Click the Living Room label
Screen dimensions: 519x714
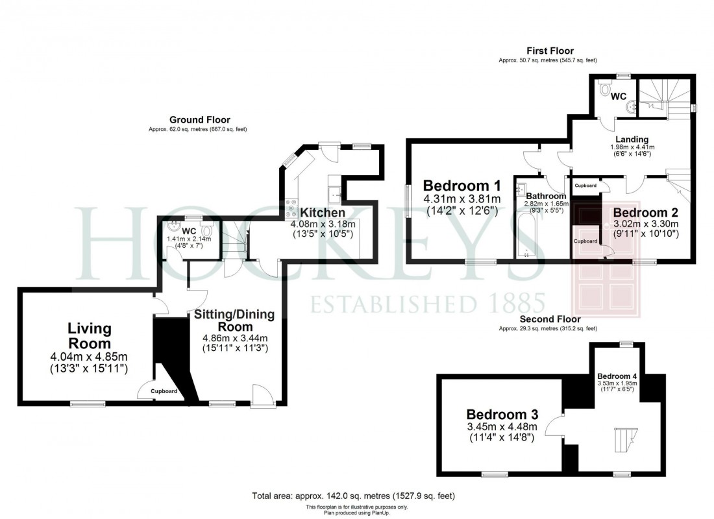tap(90, 336)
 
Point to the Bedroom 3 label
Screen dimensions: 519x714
tap(502, 414)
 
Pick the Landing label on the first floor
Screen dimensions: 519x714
tap(632, 139)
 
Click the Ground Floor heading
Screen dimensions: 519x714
tap(199, 120)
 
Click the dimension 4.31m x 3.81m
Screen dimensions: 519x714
tap(462, 199)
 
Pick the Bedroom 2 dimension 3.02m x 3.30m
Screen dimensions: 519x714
tap(646, 224)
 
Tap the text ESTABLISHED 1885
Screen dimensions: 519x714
tap(428, 303)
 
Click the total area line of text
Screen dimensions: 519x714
tap(354, 496)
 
